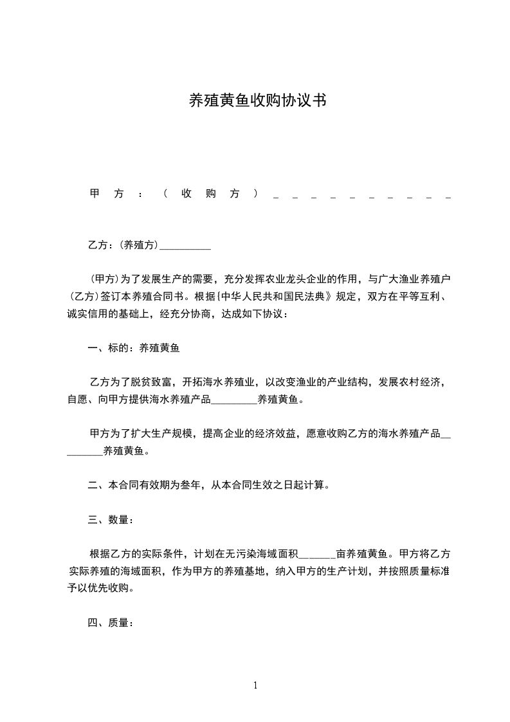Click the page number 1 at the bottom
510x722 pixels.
pos(255,685)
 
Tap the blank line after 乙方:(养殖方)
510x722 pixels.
pos(185,245)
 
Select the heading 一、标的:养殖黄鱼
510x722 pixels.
pos(134,349)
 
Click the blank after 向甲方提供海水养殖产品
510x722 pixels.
pos(234,400)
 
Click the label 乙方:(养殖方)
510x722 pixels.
pos(123,245)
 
